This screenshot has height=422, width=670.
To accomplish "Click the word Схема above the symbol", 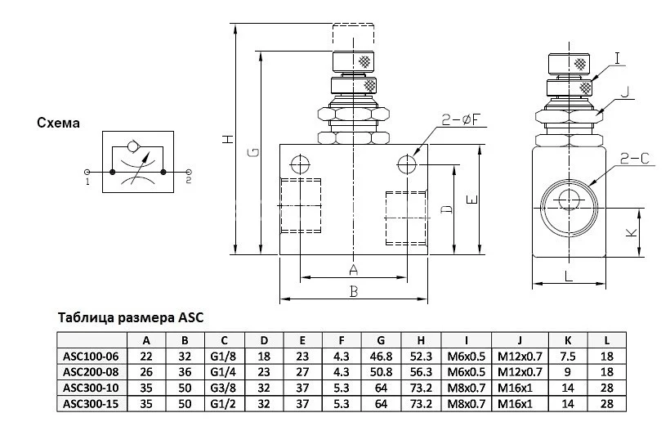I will tap(58, 123).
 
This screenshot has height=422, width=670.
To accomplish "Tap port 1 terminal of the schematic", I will tap(89, 173).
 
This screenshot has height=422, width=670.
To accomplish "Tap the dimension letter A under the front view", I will tap(353, 269).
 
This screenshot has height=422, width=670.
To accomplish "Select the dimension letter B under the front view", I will tap(353, 290).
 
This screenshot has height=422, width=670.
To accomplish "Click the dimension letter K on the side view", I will tap(631, 232).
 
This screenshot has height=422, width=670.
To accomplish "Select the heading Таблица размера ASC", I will tap(128, 317).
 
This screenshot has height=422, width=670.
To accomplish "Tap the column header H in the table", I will tap(420, 340).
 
